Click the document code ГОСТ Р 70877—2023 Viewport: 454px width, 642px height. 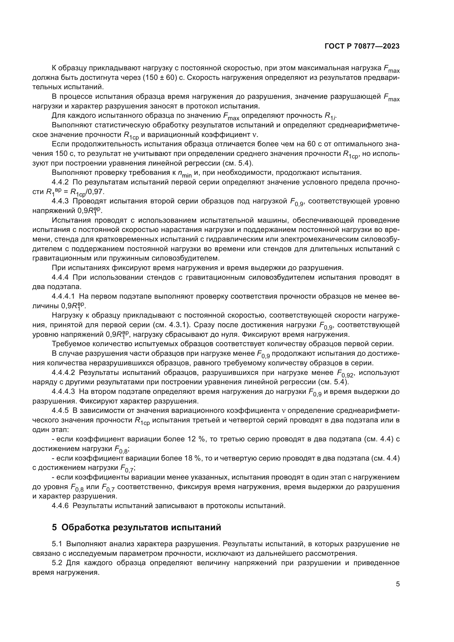coord(362,46)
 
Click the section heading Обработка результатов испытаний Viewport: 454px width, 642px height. coord(141,527)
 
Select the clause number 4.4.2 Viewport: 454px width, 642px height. coord(60,182)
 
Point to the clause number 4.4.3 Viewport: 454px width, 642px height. coord(60,201)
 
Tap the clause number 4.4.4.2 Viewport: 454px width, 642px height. coord(63,373)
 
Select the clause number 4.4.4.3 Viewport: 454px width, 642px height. coord(63,392)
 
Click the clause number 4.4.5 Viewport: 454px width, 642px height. coord(60,410)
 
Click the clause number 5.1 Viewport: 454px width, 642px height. coord(57,544)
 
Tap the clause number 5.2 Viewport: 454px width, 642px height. coord(57,563)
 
